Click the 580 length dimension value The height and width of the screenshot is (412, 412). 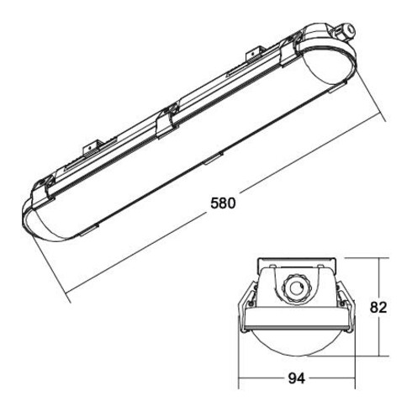click(x=220, y=204)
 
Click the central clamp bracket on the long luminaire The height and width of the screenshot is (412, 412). click(x=171, y=118)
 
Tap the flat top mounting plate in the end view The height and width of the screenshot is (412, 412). click(x=296, y=262)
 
